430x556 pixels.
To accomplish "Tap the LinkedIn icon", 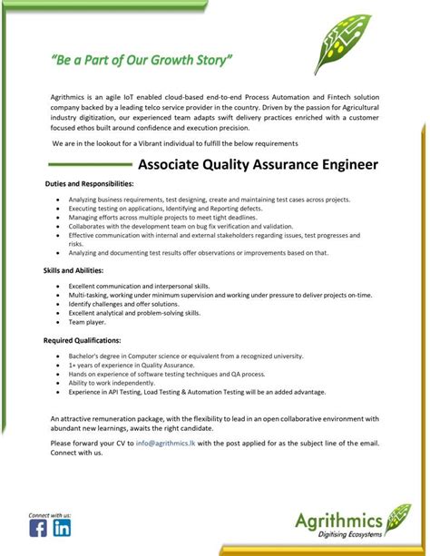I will [x=62, y=529].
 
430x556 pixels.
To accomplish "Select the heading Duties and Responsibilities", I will [x=89, y=183].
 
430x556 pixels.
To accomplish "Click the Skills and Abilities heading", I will [x=73, y=271].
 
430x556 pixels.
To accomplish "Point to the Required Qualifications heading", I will [x=82, y=340].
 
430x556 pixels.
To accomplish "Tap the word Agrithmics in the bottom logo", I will [x=337, y=520].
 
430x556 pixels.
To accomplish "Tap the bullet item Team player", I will [x=88, y=321].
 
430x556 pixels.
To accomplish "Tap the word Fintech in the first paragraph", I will [x=325, y=95].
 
